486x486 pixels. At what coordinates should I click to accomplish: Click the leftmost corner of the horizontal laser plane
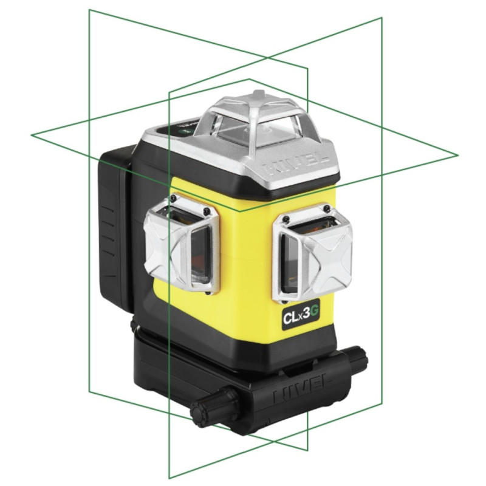pyautogui.click(x=31, y=134)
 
